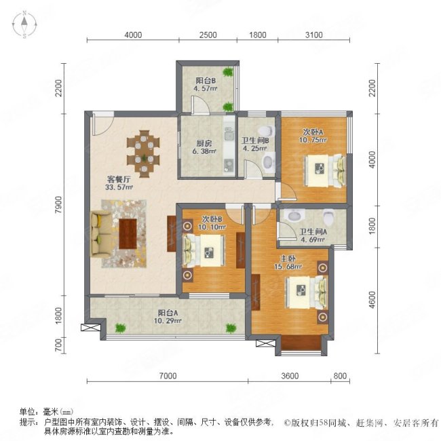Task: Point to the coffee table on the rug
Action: [x=128, y=233]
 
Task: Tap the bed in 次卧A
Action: [x=319, y=167]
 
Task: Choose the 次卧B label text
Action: [x=212, y=219]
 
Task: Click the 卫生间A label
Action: [x=313, y=229]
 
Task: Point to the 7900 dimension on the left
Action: [x=59, y=204]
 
